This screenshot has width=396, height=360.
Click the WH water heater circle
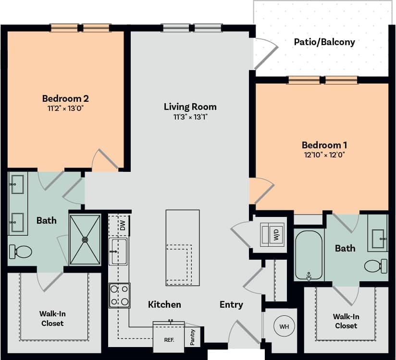tap(284, 326)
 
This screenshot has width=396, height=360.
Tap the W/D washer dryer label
tap(276, 235)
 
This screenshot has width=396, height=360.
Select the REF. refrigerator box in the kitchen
tap(169, 339)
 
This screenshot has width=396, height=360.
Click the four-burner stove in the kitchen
tap(119, 295)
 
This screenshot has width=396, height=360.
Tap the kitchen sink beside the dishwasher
tap(118, 252)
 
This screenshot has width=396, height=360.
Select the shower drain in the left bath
tap(85, 239)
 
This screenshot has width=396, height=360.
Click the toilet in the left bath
tap(20, 251)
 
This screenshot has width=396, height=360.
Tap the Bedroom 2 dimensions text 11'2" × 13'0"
tap(65, 108)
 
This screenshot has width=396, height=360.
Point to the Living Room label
tap(190, 107)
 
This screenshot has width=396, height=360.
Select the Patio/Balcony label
tap(324, 42)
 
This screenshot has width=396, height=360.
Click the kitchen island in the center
tap(183, 247)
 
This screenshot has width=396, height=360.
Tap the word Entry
tap(231, 304)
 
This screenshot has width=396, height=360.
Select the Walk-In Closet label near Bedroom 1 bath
tap(346, 321)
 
